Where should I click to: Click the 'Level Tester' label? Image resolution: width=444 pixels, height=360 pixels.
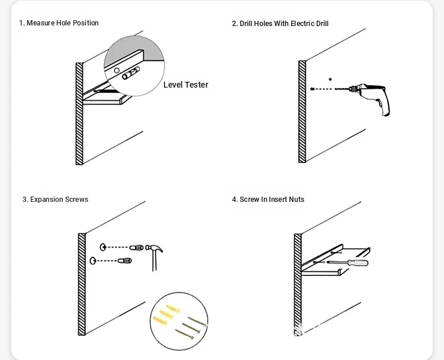click(186, 85)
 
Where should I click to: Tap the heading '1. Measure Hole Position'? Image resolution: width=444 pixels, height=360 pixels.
click(59, 23)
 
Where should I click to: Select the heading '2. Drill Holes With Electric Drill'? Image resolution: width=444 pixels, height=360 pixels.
click(280, 24)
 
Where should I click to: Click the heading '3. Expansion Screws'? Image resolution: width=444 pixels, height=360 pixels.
click(56, 200)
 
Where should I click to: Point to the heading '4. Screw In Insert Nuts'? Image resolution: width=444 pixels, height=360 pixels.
click(268, 200)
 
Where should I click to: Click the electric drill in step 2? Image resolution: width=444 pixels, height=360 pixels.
click(368, 97)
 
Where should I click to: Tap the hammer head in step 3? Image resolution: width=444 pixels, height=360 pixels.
click(154, 249)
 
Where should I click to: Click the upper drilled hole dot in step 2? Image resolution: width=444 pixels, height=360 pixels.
click(330, 79)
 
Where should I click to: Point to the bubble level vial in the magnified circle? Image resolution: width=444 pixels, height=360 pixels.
click(131, 73)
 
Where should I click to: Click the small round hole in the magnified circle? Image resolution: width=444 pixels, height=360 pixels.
click(117, 70)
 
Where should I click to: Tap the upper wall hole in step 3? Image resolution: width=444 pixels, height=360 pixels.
click(103, 247)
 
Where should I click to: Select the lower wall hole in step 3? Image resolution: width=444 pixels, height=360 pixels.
click(92, 261)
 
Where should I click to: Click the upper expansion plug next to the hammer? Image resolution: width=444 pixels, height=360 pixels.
click(137, 247)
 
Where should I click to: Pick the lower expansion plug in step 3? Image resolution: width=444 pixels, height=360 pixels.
click(124, 261)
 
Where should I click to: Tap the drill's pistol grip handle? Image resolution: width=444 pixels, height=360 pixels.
click(384, 106)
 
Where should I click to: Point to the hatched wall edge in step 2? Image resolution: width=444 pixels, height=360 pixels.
click(302, 111)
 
